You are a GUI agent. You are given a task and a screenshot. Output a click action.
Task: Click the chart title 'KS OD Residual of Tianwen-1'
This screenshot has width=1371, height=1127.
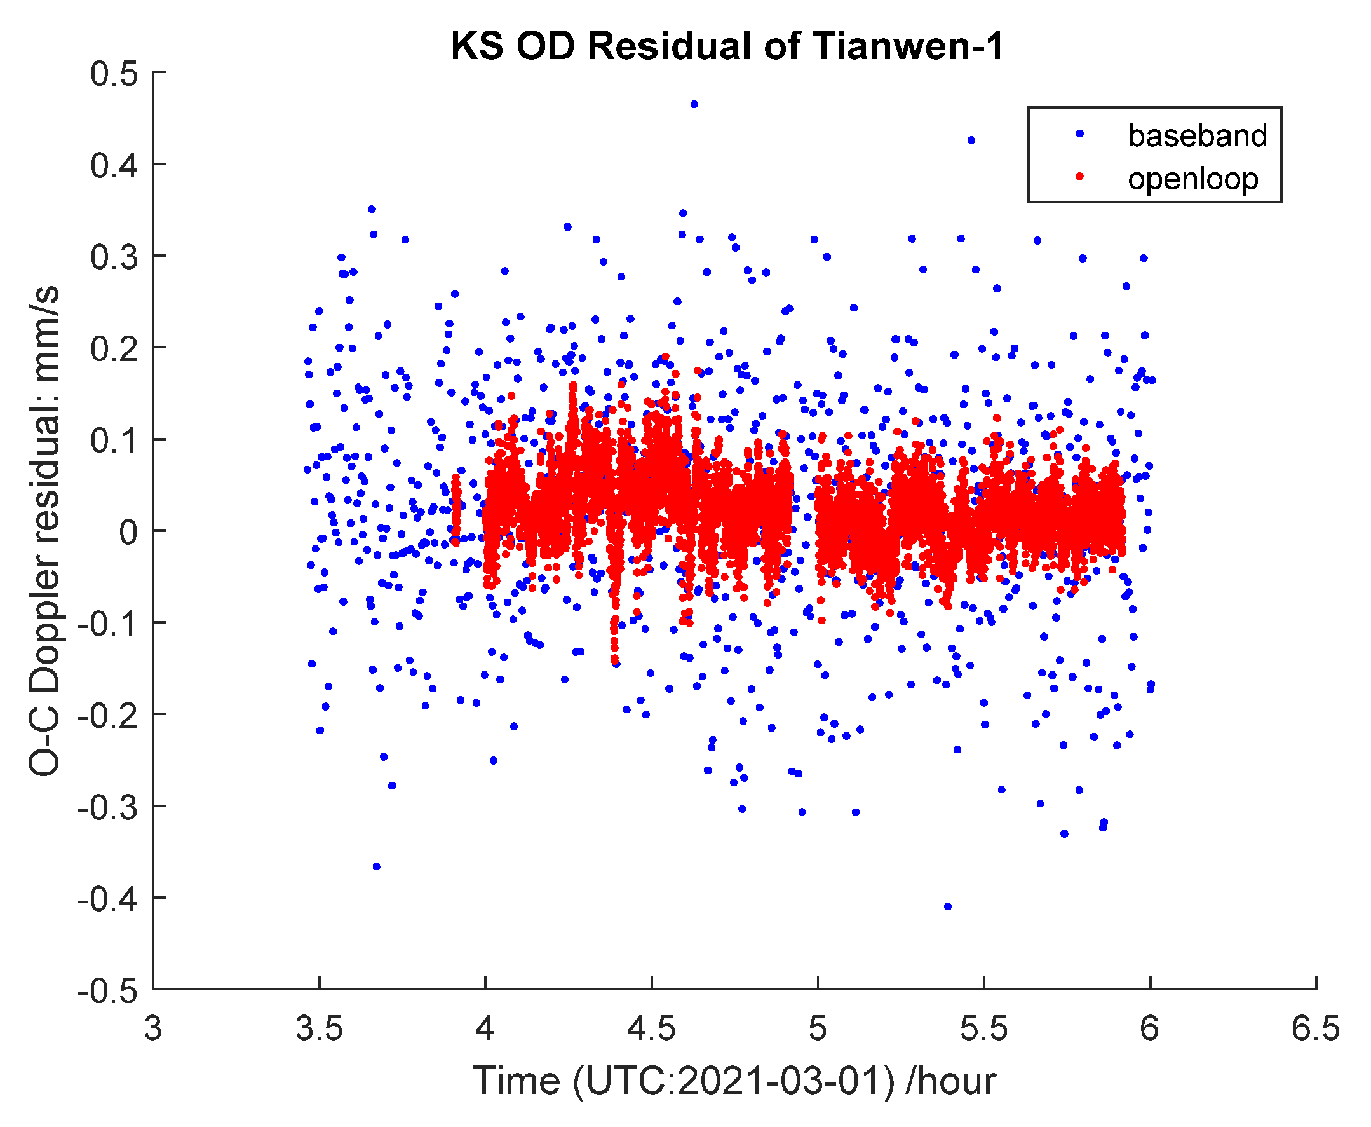pyautogui.click(x=727, y=47)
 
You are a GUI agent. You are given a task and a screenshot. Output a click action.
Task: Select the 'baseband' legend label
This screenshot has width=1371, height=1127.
pyautogui.click(x=1197, y=135)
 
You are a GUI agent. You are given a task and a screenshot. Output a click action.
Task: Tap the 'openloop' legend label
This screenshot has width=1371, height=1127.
pyautogui.click(x=1192, y=179)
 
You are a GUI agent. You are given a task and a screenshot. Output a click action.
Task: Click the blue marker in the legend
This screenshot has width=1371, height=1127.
pyautogui.click(x=1079, y=133)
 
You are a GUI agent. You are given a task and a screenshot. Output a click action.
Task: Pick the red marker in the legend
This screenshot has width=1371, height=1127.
pyautogui.click(x=1079, y=176)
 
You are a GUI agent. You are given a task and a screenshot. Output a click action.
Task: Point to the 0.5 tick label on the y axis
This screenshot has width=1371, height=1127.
pyautogui.click(x=114, y=74)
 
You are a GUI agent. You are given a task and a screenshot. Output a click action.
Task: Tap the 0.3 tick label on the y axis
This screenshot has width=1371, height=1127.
pyautogui.click(x=114, y=257)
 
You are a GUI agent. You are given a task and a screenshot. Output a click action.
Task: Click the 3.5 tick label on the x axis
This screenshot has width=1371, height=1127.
pyautogui.click(x=319, y=1030)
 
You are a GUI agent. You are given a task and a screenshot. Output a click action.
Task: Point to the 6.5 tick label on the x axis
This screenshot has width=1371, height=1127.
pyautogui.click(x=1315, y=1030)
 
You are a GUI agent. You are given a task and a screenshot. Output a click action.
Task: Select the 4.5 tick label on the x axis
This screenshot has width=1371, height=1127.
pyautogui.click(x=651, y=1030)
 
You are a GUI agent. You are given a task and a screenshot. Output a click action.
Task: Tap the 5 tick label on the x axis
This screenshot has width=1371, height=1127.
pyautogui.click(x=818, y=1030)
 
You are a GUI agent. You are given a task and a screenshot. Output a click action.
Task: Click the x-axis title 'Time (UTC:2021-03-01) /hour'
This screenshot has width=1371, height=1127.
pyautogui.click(x=734, y=1081)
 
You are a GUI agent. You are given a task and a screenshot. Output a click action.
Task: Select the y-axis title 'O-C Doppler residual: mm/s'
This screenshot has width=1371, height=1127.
pyautogui.click(x=44, y=530)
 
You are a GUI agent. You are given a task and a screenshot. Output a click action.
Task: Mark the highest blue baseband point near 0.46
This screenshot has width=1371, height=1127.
pyautogui.click(x=694, y=104)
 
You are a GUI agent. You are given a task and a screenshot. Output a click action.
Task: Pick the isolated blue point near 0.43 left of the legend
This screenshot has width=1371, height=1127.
pyautogui.click(x=971, y=140)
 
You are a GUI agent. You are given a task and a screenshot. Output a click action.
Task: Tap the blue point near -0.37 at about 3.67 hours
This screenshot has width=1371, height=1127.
pyautogui.click(x=376, y=866)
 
